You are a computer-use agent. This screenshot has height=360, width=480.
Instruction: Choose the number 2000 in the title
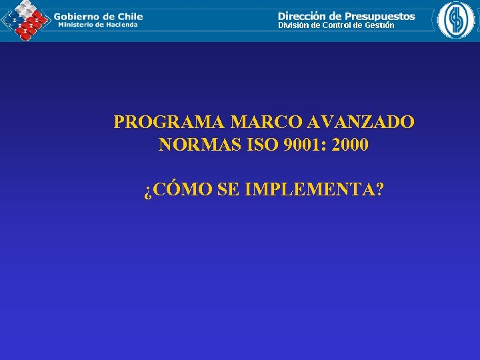click(349, 145)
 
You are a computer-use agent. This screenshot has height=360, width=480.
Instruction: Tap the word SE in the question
click(228, 190)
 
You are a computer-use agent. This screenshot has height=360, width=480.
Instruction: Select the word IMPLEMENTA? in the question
click(314, 190)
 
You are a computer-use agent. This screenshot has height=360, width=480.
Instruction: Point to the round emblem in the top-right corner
click(457, 20)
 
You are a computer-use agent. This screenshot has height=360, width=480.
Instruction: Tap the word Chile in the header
click(127, 15)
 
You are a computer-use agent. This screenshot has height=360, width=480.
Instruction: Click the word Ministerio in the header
click(75, 25)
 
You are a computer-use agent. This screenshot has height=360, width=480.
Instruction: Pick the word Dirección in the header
click(303, 15)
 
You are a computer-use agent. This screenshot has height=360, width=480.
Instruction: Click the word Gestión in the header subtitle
click(379, 25)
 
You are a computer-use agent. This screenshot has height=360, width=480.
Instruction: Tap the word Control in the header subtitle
click(336, 25)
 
